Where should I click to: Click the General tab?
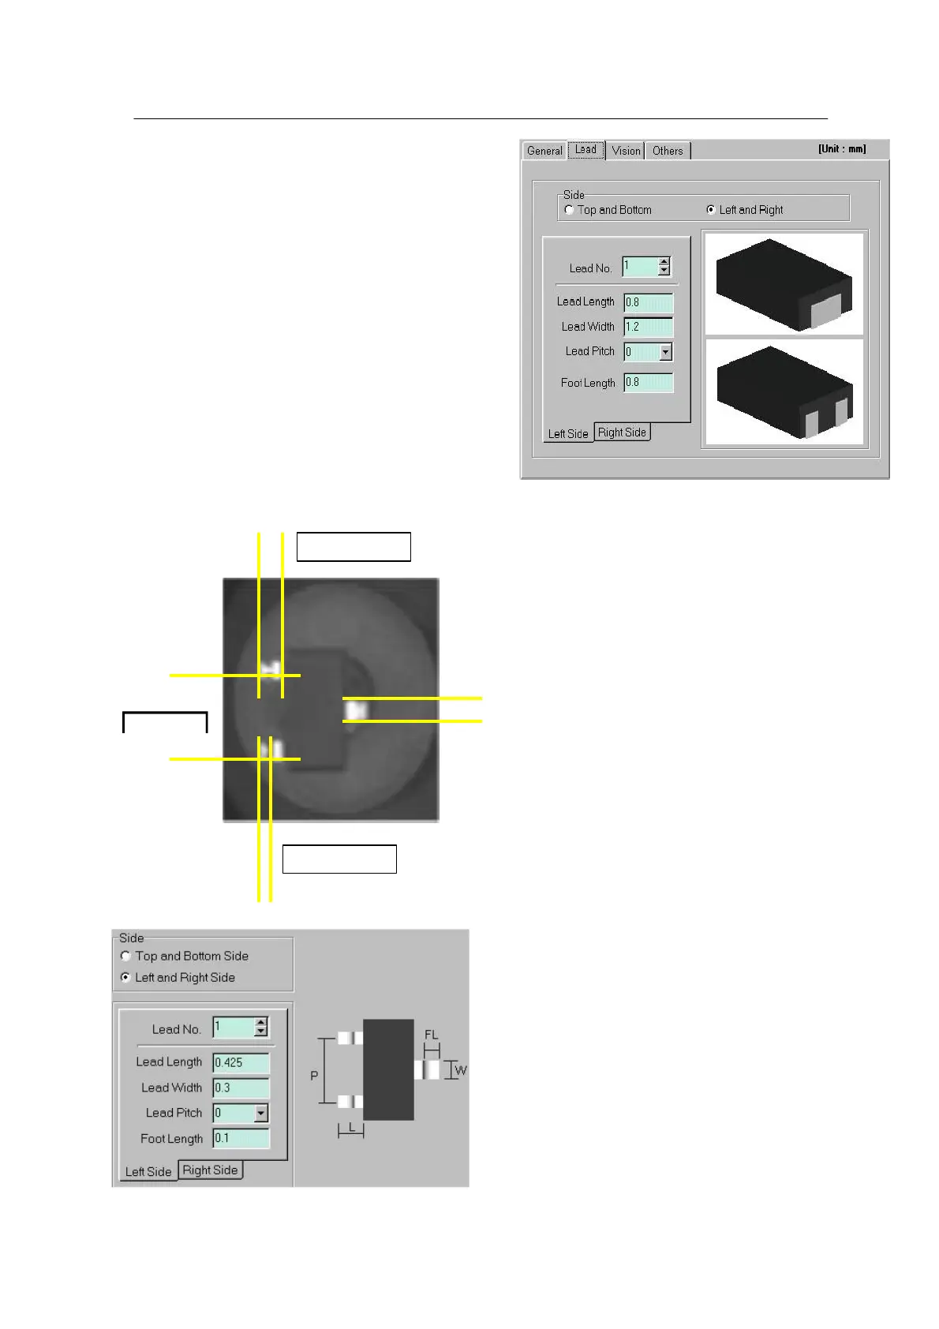click(544, 151)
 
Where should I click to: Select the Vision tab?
click(626, 151)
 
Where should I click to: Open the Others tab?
click(668, 151)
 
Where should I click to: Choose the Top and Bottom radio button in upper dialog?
click(570, 210)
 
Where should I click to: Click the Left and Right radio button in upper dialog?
click(711, 210)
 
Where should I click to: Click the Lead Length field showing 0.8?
click(648, 302)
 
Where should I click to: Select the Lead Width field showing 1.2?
click(648, 327)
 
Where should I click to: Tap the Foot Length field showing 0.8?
click(648, 383)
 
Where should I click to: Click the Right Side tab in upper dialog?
click(622, 432)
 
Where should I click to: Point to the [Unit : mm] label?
click(842, 149)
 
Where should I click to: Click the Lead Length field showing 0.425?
click(241, 1063)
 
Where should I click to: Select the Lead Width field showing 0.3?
click(241, 1088)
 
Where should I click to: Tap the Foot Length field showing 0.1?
click(241, 1139)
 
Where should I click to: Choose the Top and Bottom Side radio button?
click(125, 956)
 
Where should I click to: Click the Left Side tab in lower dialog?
click(148, 1172)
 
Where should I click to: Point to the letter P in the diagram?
click(315, 1076)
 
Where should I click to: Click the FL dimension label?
click(431, 1035)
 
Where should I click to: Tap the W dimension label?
click(461, 1071)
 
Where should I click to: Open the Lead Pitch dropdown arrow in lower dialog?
click(261, 1114)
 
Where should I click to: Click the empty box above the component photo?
click(354, 547)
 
